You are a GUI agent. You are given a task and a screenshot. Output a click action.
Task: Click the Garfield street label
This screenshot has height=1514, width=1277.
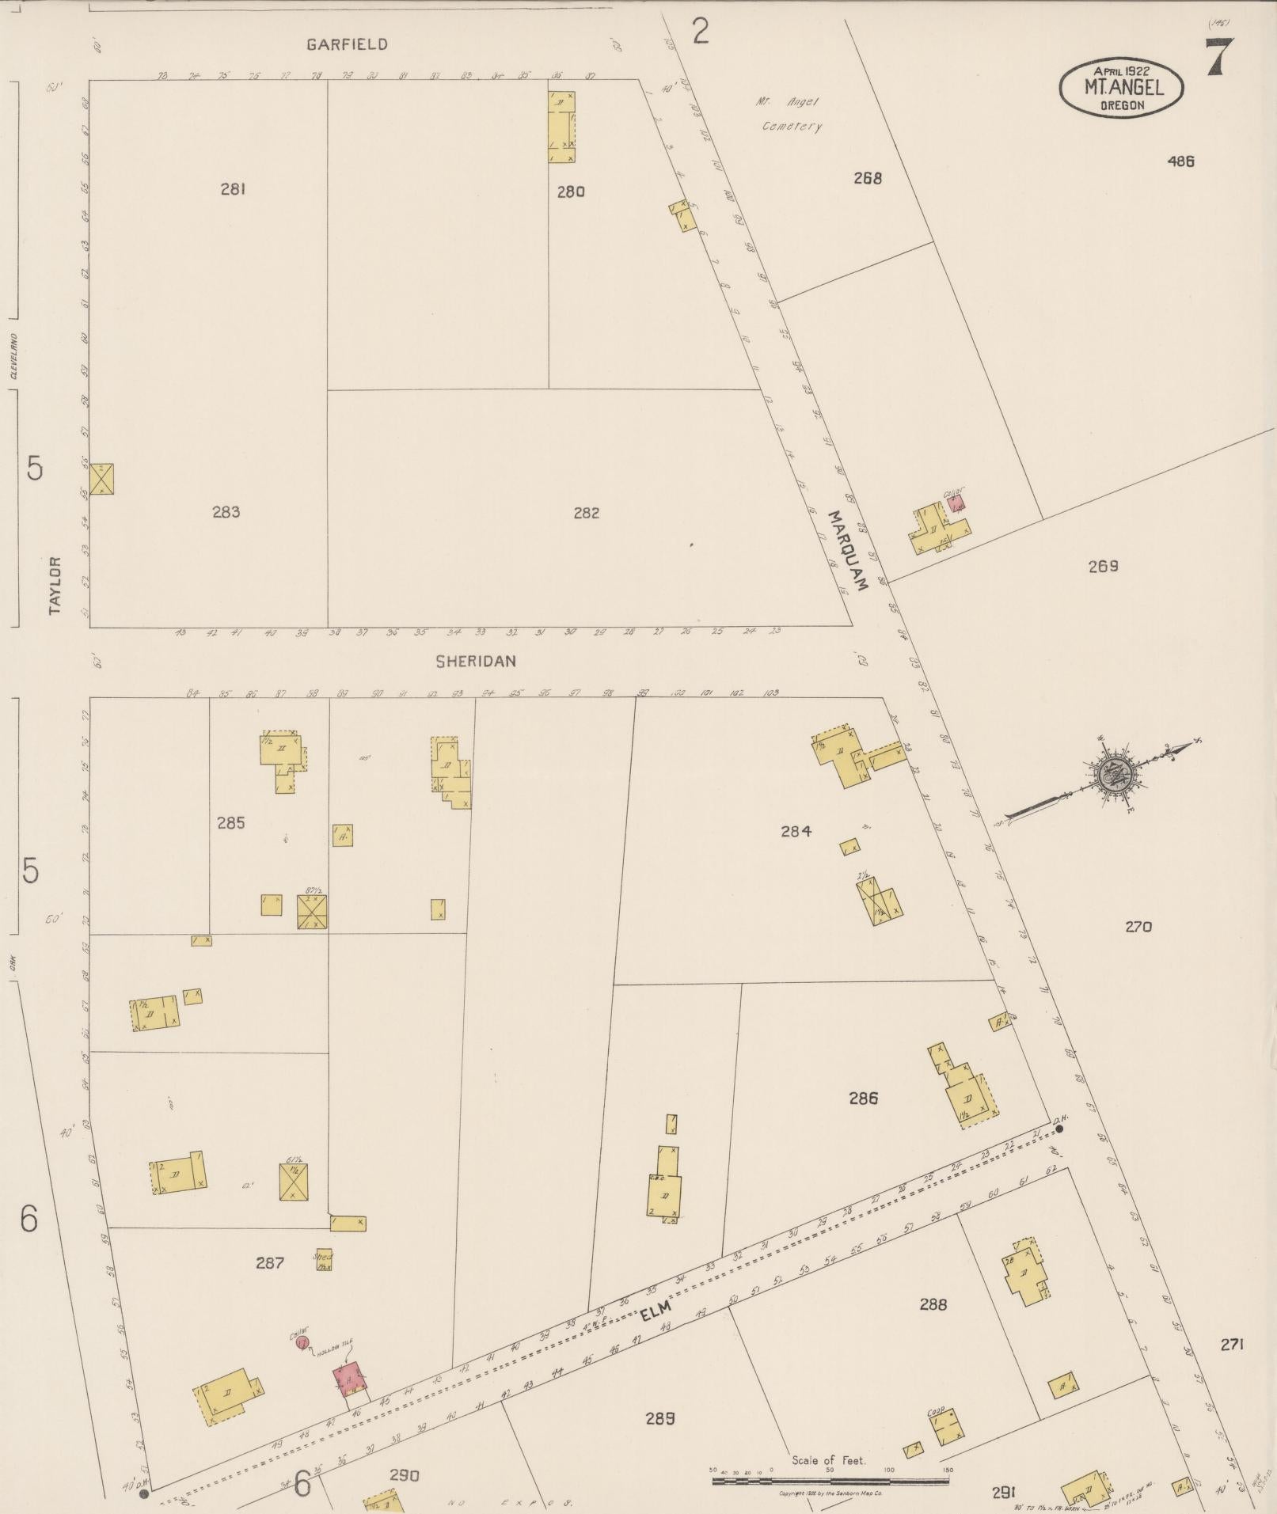coord(347,44)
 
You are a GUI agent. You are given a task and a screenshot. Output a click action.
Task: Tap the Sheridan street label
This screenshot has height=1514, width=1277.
coord(475,661)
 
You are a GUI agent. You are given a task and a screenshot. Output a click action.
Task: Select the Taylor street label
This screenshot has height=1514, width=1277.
coord(55,585)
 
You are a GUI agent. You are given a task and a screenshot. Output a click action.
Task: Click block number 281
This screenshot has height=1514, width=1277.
coord(233,189)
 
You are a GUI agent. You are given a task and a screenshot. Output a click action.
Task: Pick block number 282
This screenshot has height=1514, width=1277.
coord(586,513)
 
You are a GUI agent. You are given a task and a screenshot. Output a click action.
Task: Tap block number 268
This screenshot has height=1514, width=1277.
coord(867,178)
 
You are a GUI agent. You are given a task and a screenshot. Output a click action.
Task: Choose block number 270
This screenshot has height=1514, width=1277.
coord(1138,926)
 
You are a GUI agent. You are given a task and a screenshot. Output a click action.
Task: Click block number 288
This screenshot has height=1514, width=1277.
coord(933,1303)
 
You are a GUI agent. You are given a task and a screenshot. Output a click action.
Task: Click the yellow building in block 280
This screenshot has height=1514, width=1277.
coord(561,127)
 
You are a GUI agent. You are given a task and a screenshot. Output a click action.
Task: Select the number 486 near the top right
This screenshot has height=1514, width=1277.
coord(1180,161)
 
